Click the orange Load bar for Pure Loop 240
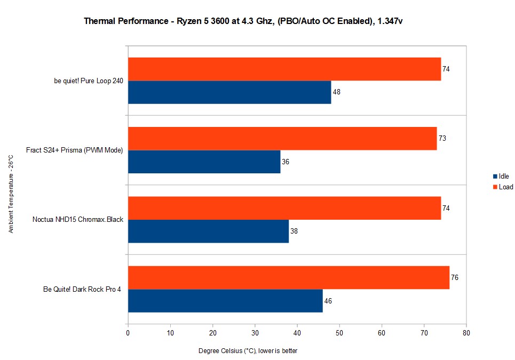point(284,69)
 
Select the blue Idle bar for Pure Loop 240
point(229,92)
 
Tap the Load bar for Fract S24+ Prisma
point(282,139)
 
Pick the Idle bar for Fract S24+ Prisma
point(204,162)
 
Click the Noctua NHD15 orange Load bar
point(284,208)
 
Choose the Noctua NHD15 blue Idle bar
point(208,231)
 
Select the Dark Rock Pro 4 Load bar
point(289,278)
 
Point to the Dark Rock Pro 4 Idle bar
point(225,301)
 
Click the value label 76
point(455,278)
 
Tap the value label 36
point(286,162)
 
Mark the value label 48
point(336,92)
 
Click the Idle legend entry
point(502,177)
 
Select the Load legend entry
point(503,187)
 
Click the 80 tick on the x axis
point(466,333)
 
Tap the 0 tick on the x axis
point(128,333)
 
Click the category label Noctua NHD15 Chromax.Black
point(78,220)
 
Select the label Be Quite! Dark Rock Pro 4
point(82,290)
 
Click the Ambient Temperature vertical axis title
point(11,194)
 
